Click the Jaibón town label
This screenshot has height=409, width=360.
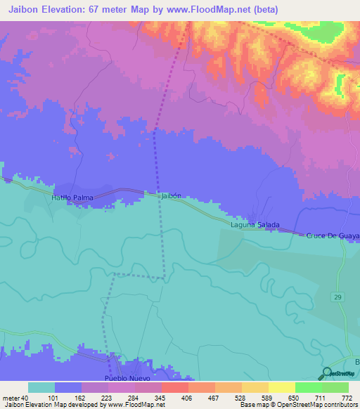172,197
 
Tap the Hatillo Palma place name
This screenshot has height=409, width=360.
72,198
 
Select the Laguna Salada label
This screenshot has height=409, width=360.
255,225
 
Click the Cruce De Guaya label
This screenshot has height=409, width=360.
333,236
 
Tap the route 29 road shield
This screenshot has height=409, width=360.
338,298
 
